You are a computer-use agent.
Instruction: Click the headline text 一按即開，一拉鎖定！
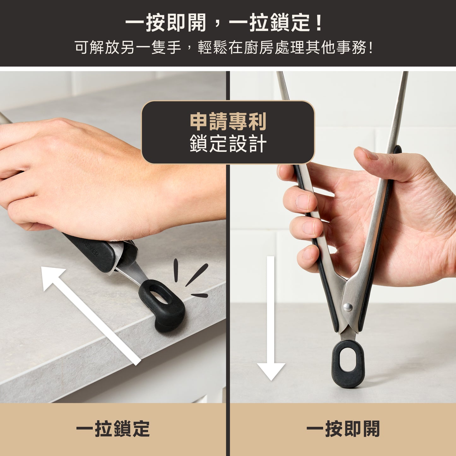[x=223, y=23]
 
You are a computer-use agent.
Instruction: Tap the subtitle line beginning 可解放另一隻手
[x=224, y=47]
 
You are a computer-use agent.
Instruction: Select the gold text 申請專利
[x=228, y=121]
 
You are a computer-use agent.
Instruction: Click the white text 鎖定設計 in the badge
[x=228, y=143]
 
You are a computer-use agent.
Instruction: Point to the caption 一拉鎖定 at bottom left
[x=113, y=428]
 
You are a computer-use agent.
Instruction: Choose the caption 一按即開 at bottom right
[x=343, y=428]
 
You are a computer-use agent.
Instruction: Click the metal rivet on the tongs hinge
[x=348, y=307]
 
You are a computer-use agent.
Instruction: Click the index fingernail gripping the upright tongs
[x=303, y=202]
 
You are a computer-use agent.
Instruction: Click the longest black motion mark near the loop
[x=197, y=275]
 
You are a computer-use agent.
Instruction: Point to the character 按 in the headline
[x=156, y=23]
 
